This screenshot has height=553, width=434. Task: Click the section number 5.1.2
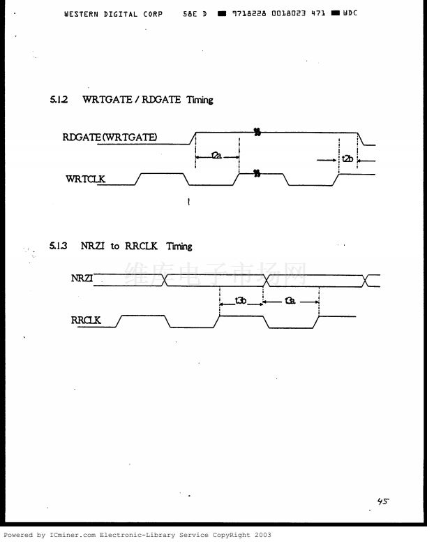59,100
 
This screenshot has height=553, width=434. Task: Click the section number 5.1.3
58,246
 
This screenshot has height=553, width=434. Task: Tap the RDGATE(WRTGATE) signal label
110,138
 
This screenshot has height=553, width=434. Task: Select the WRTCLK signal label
85,179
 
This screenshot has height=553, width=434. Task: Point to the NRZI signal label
82,278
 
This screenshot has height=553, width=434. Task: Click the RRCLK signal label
86,320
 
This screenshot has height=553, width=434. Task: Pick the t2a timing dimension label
216,156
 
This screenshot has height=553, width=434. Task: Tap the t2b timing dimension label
347,160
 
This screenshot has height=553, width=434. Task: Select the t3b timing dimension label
241,301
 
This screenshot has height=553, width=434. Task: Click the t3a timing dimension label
290,301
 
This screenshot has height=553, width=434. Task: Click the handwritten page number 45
382,501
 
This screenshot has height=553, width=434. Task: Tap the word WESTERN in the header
81,13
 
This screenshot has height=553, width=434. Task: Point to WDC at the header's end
350,13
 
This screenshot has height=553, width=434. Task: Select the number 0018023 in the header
283,13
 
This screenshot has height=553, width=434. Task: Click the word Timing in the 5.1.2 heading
200,100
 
